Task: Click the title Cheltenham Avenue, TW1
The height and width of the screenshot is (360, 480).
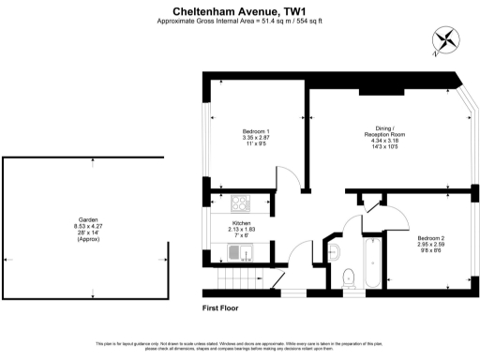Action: point(240,11)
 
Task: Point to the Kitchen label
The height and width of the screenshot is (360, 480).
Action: point(242,223)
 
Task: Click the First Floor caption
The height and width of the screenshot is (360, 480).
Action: point(224,307)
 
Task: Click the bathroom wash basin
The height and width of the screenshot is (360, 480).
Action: point(335,249)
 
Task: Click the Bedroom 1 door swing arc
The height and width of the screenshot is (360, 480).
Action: point(283,175)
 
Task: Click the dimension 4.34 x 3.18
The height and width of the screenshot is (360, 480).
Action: point(380,142)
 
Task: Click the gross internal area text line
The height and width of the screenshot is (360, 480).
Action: point(240,22)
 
